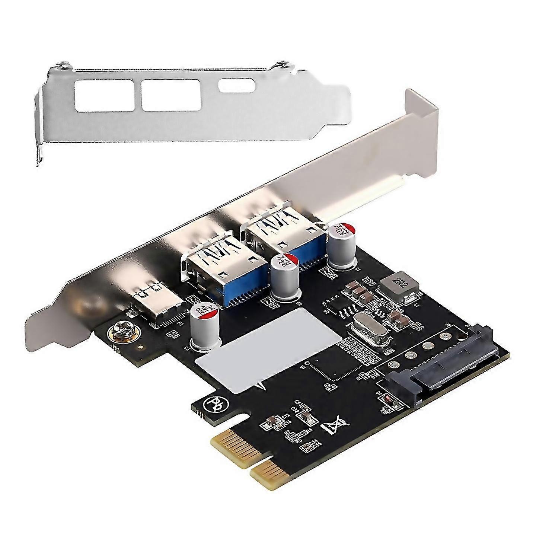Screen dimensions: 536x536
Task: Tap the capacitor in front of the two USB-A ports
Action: click(x=284, y=276)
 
